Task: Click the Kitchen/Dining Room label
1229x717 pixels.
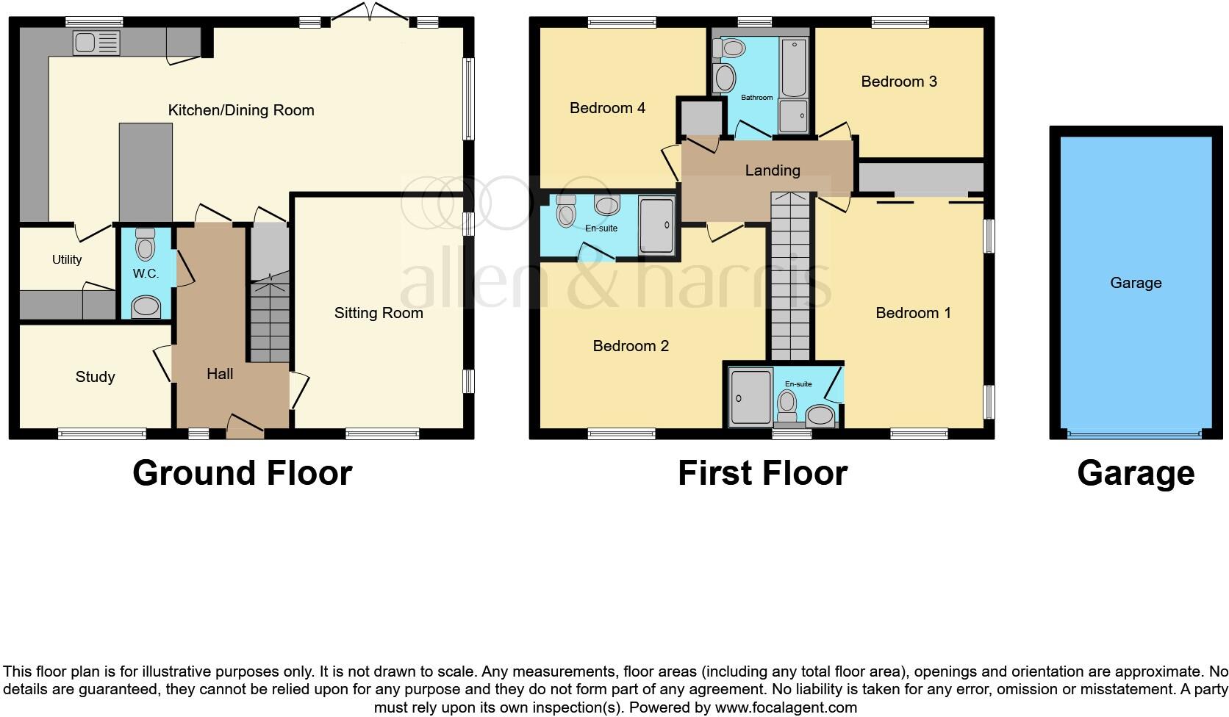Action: click(x=241, y=110)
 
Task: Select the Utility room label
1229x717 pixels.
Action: click(x=67, y=259)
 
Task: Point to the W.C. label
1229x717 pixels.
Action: click(x=146, y=273)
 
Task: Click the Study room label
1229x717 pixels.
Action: click(x=95, y=377)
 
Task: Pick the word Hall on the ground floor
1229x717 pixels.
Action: click(x=220, y=374)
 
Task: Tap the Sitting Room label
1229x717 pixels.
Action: click(x=379, y=313)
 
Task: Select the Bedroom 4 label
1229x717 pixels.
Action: click(x=607, y=108)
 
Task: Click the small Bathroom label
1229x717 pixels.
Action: click(x=756, y=97)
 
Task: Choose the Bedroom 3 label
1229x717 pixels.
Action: click(x=899, y=82)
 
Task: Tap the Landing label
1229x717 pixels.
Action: click(x=773, y=170)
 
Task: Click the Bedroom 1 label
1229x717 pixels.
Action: click(x=913, y=313)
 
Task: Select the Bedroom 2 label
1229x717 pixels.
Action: click(x=631, y=345)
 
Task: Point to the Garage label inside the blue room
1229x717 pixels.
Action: click(x=1136, y=283)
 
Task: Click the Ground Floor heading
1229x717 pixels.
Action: click(x=242, y=472)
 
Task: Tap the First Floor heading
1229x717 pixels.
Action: click(x=762, y=472)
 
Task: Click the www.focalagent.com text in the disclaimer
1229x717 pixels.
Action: click(x=786, y=708)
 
